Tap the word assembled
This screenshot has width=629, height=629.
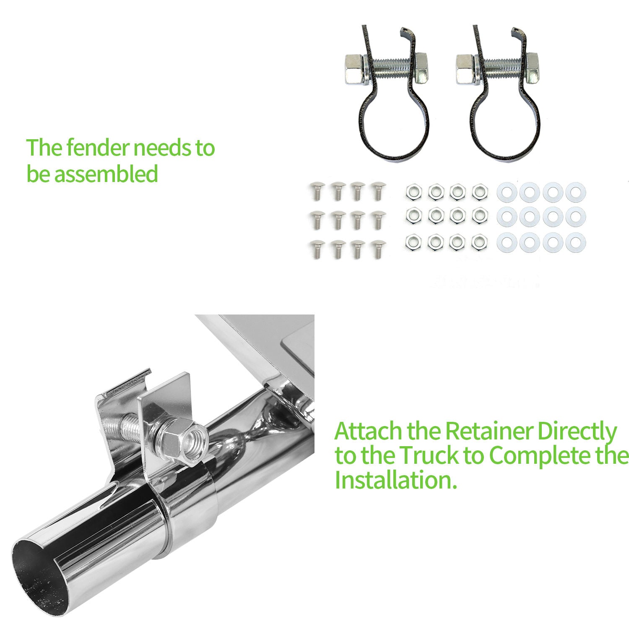coord(106,174)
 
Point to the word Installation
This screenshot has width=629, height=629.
coord(395,480)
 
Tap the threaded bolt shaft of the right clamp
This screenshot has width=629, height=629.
coord(502,68)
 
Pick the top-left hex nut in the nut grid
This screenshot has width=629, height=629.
coord(413,192)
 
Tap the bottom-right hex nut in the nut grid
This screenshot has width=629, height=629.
coord(480,242)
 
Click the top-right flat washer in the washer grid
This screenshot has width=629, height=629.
coord(575,192)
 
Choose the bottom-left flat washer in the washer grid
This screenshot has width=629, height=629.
coord(507,242)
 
